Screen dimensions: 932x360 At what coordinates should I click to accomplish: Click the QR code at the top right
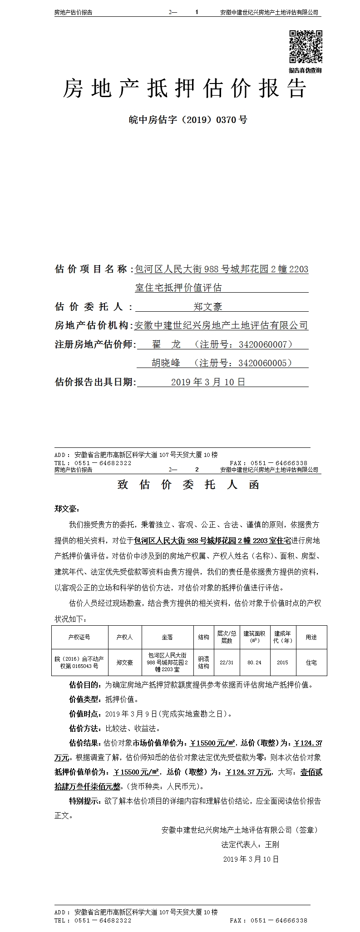pyautogui.click(x=306, y=46)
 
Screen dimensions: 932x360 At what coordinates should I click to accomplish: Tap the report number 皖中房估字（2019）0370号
pyautogui.click(x=188, y=120)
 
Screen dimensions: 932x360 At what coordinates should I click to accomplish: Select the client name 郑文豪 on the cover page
pyautogui.click(x=208, y=307)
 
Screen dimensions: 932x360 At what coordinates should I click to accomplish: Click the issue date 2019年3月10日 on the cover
pyautogui.click(x=208, y=382)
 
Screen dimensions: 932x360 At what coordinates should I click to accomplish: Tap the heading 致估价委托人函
pyautogui.click(x=188, y=485)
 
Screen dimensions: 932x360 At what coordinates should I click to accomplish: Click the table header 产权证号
pyautogui.click(x=79, y=638)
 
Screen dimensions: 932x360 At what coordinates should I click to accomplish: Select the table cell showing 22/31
pyautogui.click(x=226, y=662)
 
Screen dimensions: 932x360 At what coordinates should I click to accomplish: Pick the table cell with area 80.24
pyautogui.click(x=254, y=662)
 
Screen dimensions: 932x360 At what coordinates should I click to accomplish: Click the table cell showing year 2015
pyautogui.click(x=282, y=662)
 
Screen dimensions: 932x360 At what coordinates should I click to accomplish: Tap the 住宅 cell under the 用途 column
pyautogui.click(x=311, y=662)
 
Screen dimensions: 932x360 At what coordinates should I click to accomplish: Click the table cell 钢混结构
pyautogui.click(x=203, y=662)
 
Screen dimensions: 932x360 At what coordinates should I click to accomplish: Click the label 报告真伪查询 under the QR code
pyautogui.click(x=305, y=70)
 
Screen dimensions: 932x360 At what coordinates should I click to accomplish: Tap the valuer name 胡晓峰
pyautogui.click(x=166, y=363)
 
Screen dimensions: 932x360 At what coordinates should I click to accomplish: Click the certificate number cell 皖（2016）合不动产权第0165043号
pyautogui.click(x=79, y=662)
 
